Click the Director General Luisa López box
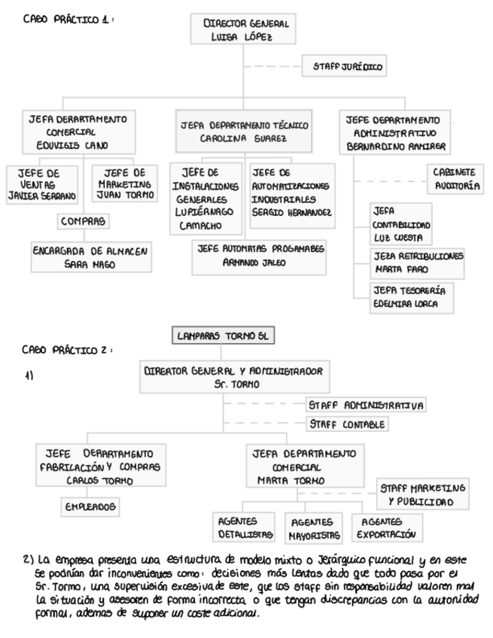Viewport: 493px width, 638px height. tap(246, 31)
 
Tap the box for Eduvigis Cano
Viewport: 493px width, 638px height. tap(79, 132)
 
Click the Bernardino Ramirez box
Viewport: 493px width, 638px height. tap(394, 132)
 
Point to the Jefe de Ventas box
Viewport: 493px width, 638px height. tap(44, 184)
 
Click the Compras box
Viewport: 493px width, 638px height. tap(84, 221)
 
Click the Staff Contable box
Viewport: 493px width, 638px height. tap(348, 424)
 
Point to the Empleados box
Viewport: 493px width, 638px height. tap(90, 507)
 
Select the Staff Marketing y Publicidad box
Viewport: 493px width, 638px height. tap(421, 494)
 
